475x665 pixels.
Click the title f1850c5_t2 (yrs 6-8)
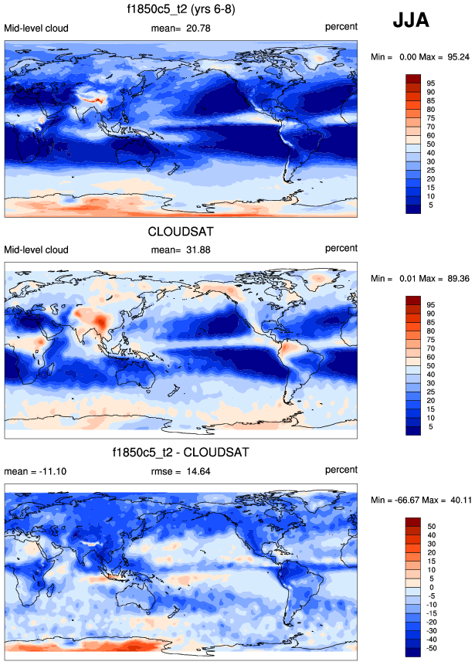[x=182, y=11]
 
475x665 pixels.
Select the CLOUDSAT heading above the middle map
[x=182, y=230]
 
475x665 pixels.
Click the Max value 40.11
[x=459, y=500]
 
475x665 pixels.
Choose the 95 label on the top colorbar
[x=433, y=83]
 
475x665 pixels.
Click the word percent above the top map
[x=341, y=29]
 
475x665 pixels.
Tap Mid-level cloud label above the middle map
[x=36, y=249]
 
